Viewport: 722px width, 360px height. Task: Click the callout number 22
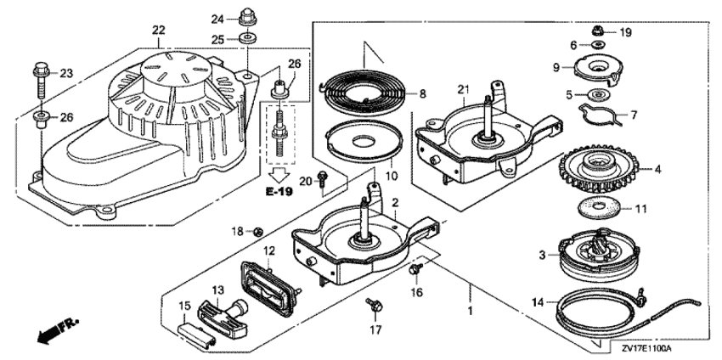point(158,31)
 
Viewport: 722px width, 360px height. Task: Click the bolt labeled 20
point(323,177)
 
